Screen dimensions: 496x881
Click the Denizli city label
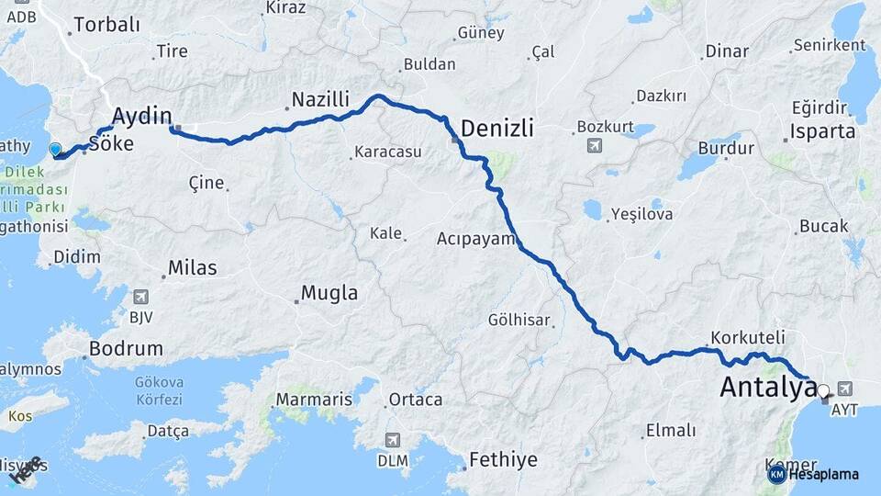[x=496, y=129]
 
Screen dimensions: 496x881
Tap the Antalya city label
[x=767, y=387]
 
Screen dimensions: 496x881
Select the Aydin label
[x=142, y=115]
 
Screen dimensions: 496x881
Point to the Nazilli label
[x=321, y=99]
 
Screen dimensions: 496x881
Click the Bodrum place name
[x=126, y=349]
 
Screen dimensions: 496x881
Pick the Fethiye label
[x=503, y=459]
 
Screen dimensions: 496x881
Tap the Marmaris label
[x=313, y=400]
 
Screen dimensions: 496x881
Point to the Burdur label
[x=726, y=148]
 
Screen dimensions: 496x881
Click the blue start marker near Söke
[x=55, y=149]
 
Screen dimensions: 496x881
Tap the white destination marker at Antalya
[x=822, y=390]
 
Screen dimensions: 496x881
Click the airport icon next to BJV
[x=140, y=297]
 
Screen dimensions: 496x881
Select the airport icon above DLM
[x=392, y=440]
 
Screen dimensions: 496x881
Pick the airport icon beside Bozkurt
[x=596, y=145]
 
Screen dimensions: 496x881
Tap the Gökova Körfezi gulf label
[x=160, y=390]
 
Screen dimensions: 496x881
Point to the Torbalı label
[x=106, y=25]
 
